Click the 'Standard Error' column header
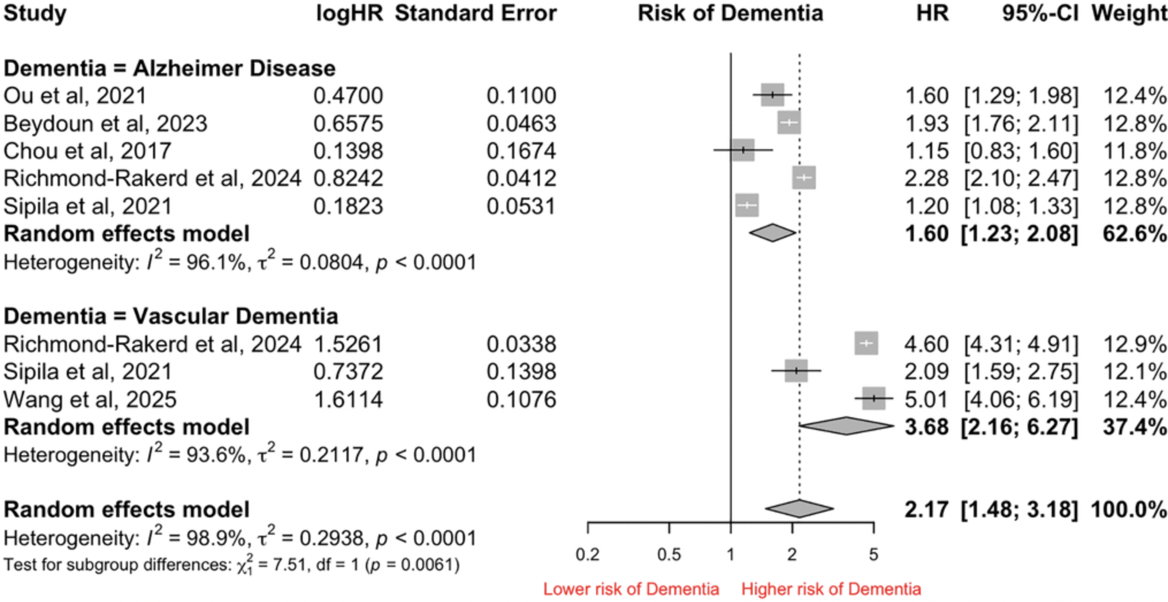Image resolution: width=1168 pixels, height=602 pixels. [475, 13]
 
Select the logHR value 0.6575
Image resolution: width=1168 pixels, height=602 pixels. [348, 124]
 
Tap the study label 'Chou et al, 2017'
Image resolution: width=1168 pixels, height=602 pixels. [87, 151]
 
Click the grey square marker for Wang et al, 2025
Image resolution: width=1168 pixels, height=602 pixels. [873, 398]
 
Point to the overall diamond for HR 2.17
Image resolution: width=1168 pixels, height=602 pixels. [799, 509]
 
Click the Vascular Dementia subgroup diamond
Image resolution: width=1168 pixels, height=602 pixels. [846, 426]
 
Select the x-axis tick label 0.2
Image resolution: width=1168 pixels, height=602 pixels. [587, 555]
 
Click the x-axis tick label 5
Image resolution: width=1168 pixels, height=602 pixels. [873, 555]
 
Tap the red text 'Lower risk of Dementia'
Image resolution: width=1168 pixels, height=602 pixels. [631, 589]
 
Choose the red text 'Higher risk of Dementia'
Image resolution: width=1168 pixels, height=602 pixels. [831, 589]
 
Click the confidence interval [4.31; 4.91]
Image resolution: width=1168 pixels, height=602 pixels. [1021, 344]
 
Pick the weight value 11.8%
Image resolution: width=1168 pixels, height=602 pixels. [1134, 151]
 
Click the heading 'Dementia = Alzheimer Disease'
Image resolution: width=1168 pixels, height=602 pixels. [170, 68]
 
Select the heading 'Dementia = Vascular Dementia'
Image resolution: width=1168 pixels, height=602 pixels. [171, 317]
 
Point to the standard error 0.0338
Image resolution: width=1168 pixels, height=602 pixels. [521, 344]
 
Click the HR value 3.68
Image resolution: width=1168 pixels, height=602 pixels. [926, 428]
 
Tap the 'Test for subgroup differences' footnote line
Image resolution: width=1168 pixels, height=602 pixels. [231, 565]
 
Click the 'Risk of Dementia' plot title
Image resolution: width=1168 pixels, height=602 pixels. [730, 13]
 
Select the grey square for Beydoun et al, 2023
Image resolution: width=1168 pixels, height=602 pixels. [789, 123]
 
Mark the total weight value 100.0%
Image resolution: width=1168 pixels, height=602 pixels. [1128, 510]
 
